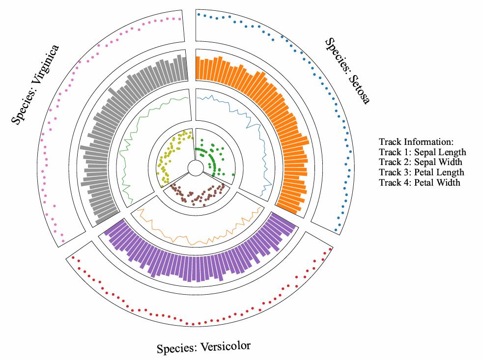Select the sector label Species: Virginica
click(36, 84)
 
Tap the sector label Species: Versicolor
click(203, 347)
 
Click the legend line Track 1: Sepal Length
click(423, 152)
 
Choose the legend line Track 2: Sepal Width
click(421, 162)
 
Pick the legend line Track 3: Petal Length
click(422, 172)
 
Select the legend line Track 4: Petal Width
click(420, 183)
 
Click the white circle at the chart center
click(195, 168)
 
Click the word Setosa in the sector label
click(358, 88)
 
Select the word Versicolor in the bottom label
click(224, 346)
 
